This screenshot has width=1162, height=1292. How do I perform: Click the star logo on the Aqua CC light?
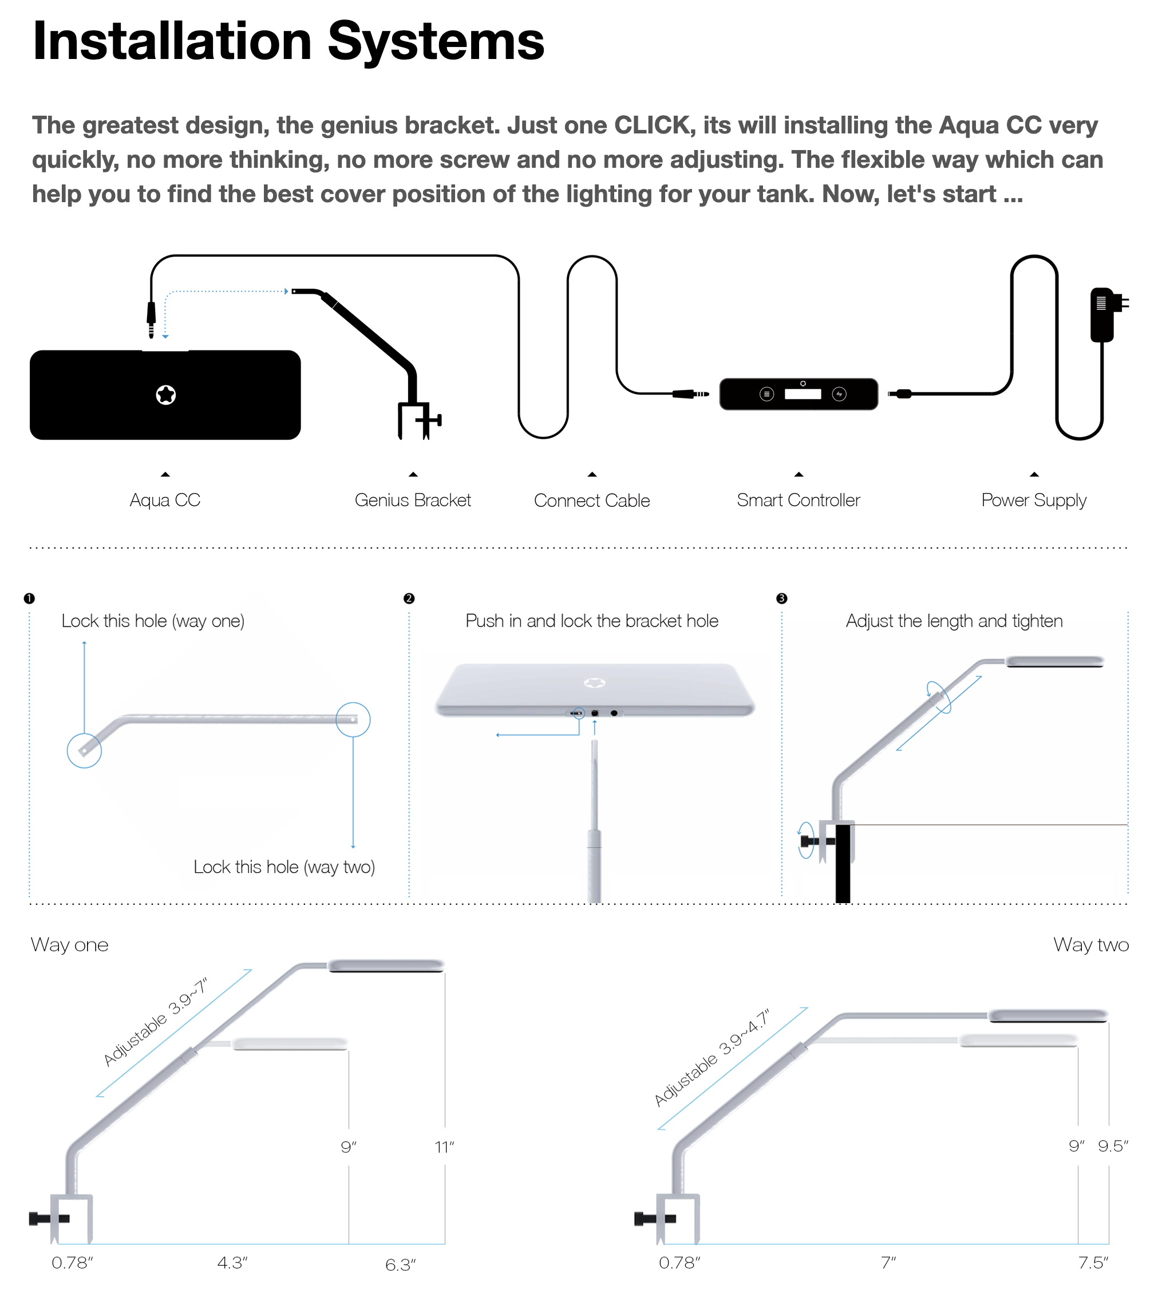[x=166, y=395]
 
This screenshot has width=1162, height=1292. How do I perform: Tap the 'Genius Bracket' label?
[x=413, y=500]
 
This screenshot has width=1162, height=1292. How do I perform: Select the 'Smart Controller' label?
[x=798, y=500]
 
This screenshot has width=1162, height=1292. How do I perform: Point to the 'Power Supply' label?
[x=1034, y=500]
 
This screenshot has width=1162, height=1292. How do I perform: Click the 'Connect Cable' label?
[x=592, y=501]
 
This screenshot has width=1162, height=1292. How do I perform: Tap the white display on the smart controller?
[x=803, y=394]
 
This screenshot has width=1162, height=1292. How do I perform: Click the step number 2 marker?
[x=409, y=598]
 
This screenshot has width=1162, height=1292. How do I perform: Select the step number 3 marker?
[x=781, y=598]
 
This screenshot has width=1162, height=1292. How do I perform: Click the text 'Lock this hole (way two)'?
[x=284, y=866]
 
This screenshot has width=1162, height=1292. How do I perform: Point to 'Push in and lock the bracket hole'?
[x=592, y=621]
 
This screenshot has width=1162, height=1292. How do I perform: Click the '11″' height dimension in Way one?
[x=444, y=1147]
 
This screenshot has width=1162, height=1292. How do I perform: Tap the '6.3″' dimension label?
[x=400, y=1265]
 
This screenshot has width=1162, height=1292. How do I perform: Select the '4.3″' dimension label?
[x=232, y=1263]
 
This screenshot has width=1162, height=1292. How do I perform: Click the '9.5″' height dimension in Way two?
[x=1113, y=1146]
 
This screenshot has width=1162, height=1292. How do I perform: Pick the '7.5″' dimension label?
[x=1093, y=1263]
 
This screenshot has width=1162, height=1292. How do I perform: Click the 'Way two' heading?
[x=1091, y=944]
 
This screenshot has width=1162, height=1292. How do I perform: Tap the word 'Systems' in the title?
[x=436, y=42]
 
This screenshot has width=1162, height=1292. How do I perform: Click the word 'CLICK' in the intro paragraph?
[x=655, y=125]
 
